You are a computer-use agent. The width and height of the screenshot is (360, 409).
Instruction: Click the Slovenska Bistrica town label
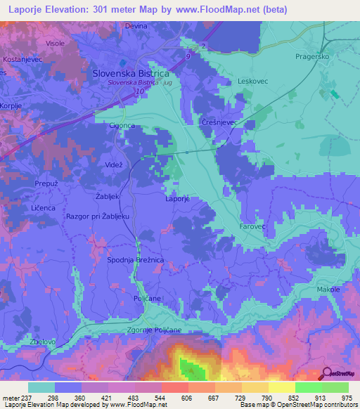131,72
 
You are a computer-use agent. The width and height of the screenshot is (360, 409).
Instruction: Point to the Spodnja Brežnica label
136,260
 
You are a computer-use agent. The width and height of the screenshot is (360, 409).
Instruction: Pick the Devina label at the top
136,25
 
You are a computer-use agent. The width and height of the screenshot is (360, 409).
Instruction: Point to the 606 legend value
167,398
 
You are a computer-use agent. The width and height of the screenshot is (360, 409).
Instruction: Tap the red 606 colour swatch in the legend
175,387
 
